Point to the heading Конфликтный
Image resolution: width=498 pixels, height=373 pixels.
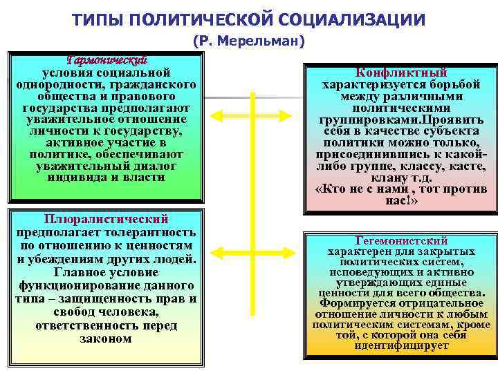(401, 73)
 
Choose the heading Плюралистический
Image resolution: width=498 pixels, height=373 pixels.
(106, 219)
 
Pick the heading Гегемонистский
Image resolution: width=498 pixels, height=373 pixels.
(401, 241)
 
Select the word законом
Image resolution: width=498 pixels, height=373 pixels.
(106, 338)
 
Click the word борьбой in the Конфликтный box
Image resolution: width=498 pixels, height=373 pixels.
(454, 85)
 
